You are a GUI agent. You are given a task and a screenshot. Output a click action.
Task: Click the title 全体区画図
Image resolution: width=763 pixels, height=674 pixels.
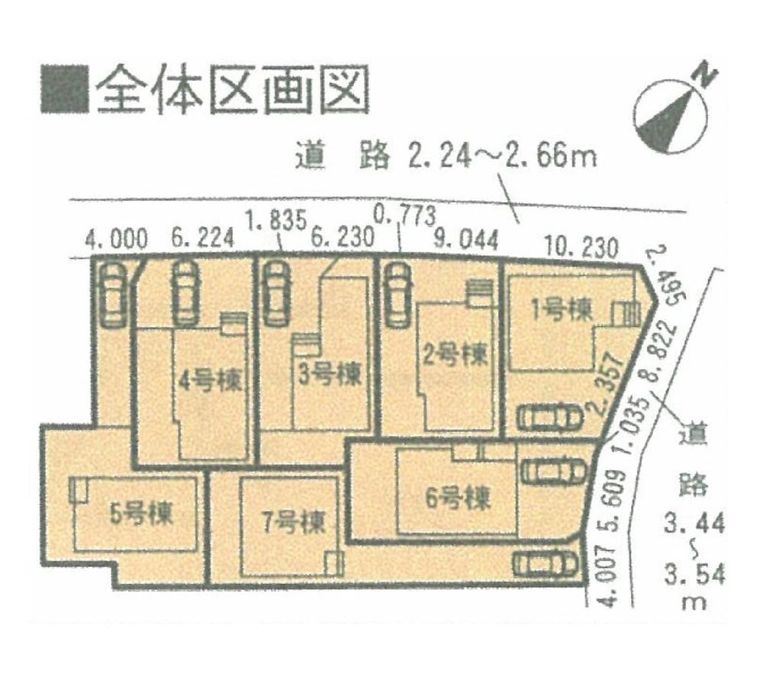(233, 90)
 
